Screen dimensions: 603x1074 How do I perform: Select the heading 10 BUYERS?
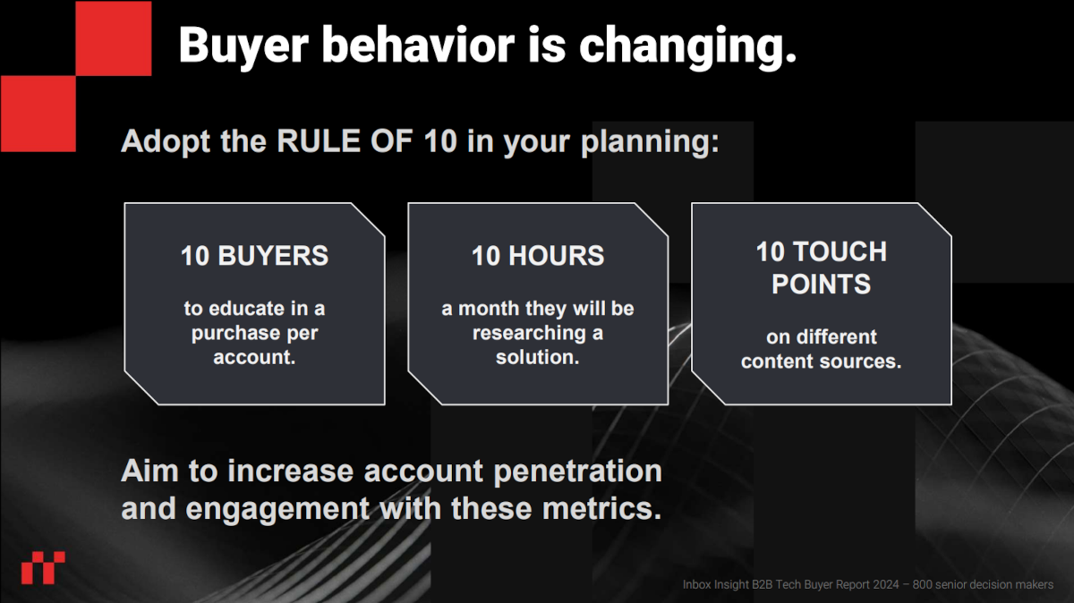[x=254, y=256]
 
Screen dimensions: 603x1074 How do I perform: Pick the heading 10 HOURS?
[x=538, y=256]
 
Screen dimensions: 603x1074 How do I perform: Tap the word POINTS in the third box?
[x=821, y=285]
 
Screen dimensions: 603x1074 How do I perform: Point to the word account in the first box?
[x=254, y=358]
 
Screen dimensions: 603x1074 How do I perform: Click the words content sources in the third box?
[x=821, y=362]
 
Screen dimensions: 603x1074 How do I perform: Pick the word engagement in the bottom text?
[x=277, y=508]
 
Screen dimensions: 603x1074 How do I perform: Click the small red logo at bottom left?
[x=43, y=567]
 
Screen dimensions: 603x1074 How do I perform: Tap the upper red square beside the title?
[x=113, y=38]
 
